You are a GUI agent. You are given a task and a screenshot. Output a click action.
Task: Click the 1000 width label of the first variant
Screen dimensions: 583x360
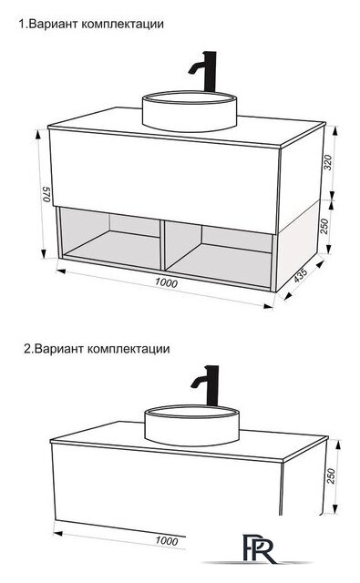(165, 283)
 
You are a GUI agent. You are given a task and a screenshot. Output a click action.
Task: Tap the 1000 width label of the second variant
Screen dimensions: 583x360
(165, 540)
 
